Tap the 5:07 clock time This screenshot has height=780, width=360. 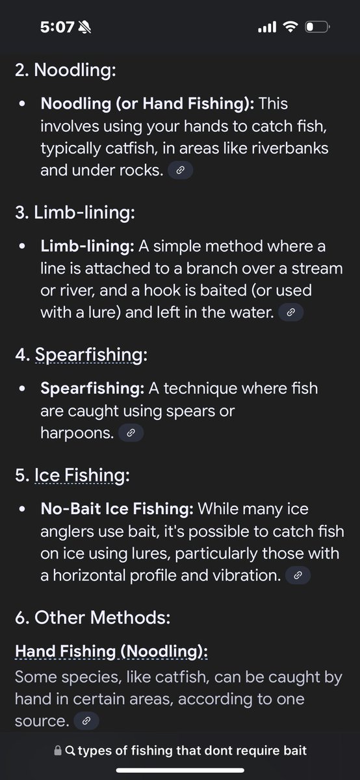57,27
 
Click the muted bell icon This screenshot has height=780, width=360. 84,27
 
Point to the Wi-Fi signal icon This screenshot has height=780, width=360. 290,27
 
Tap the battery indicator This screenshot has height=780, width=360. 318,27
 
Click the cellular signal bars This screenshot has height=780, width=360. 267,27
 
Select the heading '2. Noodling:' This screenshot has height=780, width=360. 66,70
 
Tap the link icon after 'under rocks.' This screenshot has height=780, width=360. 181,170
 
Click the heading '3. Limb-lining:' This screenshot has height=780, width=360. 75,213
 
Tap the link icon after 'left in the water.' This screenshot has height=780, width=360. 290,313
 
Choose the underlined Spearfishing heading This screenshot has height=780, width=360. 89,355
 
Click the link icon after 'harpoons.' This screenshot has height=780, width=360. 131,433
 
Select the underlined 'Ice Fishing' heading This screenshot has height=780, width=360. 79,475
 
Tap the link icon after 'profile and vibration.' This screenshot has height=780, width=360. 298,576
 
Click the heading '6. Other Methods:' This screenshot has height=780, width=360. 93,617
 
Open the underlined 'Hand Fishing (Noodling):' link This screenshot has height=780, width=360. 111,651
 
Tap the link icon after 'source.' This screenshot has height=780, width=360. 86,721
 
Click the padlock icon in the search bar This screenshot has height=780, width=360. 58,751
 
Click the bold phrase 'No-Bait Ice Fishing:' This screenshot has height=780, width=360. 117,509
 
